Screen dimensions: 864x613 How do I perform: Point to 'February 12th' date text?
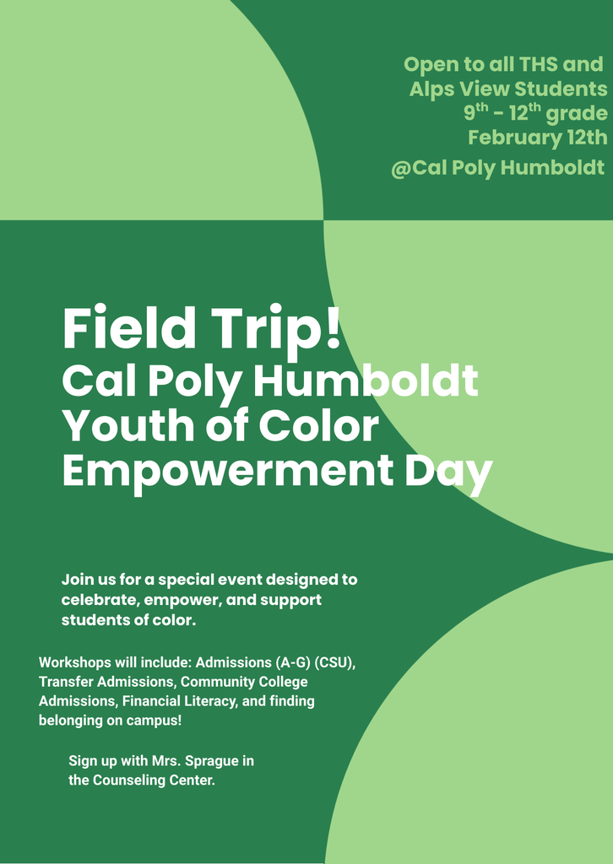click(x=537, y=138)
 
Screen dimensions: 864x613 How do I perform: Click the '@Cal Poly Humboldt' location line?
click(x=497, y=168)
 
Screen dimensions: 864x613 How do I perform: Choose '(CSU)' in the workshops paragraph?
click(x=335, y=662)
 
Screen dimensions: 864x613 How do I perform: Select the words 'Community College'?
click(x=244, y=682)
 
